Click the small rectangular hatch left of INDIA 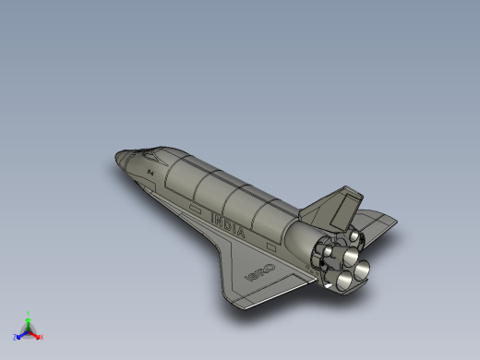pos(195,209)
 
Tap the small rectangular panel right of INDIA pos(272,246)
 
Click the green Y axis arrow pos(29,317)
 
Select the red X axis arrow pos(39,336)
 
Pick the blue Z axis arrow pos(20,335)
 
